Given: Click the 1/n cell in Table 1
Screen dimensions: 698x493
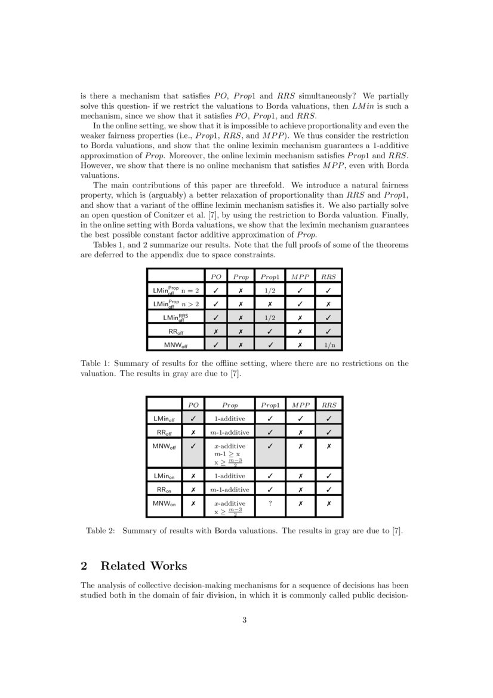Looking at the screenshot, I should coord(329,345).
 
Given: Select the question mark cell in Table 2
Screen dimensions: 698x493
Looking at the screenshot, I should coord(270,503).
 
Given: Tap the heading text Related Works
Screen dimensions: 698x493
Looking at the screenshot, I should coord(144,565).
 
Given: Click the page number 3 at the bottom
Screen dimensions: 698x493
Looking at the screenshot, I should coord(245,620).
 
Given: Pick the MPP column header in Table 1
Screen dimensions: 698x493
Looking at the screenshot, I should coord(300,276).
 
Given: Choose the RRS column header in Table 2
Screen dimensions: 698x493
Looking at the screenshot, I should coord(329,405).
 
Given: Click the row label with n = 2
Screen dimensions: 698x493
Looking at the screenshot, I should coord(176,290).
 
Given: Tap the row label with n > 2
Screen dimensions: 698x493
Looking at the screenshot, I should coord(176,304).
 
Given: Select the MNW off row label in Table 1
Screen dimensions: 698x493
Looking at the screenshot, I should coord(176,345).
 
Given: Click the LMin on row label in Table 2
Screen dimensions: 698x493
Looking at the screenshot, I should coord(164,476).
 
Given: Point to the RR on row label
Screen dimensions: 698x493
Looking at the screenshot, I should coord(164,490).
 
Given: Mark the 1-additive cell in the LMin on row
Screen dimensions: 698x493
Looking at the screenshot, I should coord(230,476).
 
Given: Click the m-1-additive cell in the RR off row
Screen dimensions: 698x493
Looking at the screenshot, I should coord(230,432).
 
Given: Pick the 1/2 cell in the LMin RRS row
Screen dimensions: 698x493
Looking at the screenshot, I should coord(270,318).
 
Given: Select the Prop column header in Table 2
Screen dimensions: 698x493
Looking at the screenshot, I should coord(230,405).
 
